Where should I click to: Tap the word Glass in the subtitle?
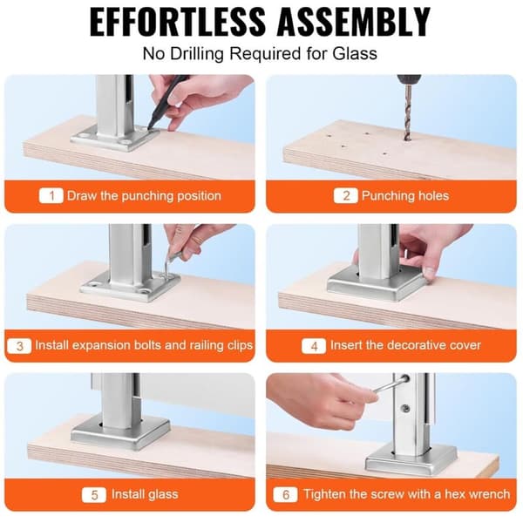pyautogui.click(x=355, y=53)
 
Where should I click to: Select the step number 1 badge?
pyautogui.click(x=51, y=195)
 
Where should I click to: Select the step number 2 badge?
pyautogui.click(x=346, y=195)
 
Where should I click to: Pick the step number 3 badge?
pyautogui.click(x=19, y=345)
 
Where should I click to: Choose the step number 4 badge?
pyautogui.click(x=314, y=346)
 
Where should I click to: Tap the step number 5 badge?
pyautogui.click(x=94, y=494)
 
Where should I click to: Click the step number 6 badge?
pyautogui.click(x=286, y=494)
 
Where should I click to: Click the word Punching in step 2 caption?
pyautogui.click(x=388, y=196)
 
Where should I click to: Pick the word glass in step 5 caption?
pyautogui.click(x=164, y=494)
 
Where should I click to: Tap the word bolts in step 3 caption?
pyautogui.click(x=148, y=345)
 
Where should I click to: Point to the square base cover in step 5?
pyautogui.click(x=120, y=433)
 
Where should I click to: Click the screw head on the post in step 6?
pyautogui.click(x=406, y=408)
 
